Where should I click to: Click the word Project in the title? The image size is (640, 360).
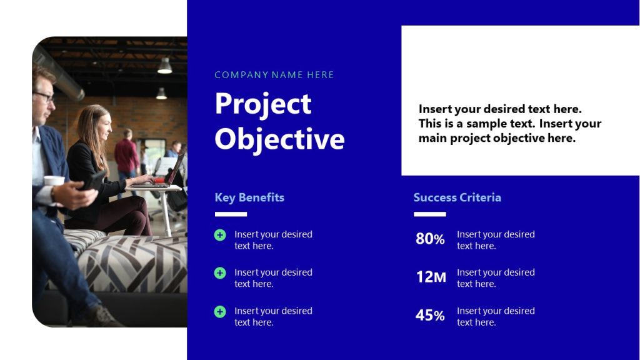pos(262,104)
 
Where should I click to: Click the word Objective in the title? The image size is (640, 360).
pos(279,139)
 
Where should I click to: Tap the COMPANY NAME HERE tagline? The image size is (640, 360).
pos(274,75)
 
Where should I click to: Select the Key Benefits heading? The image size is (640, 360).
pos(249,197)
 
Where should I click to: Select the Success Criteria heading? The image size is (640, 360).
pos(457,197)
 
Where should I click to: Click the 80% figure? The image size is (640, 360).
pos(430,239)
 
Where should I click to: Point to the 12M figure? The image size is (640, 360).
pos(431,277)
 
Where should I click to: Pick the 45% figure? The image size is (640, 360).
pos(430,316)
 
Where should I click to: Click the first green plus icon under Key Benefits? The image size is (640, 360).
pos(220,235)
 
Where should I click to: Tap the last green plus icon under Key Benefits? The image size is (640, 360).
pos(220,311)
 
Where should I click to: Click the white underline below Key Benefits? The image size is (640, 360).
pos(231,214)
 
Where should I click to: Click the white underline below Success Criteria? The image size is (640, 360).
pos(429,214)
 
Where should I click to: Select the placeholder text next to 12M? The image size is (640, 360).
pos(496,278)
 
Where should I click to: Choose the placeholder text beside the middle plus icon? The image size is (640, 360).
pos(273,278)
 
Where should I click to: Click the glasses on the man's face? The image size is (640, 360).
pos(44,97)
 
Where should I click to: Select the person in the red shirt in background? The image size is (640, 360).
pos(127,156)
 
